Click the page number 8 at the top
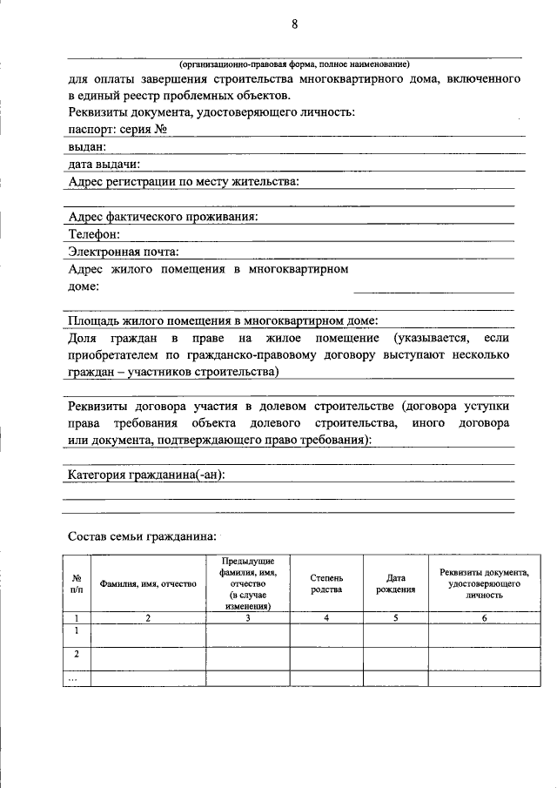[295, 25]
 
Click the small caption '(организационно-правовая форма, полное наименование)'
[294, 64]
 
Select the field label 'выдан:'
[87, 146]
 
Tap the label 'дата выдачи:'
[104, 164]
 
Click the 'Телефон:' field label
[94, 233]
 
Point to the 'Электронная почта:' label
[124, 252]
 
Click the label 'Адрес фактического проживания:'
[163, 216]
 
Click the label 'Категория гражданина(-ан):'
[146, 475]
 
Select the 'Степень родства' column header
[326, 583]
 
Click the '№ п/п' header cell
[77, 583]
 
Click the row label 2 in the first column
[77, 654]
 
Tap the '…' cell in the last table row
[77, 677]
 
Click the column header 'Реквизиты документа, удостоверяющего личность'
[485, 583]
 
